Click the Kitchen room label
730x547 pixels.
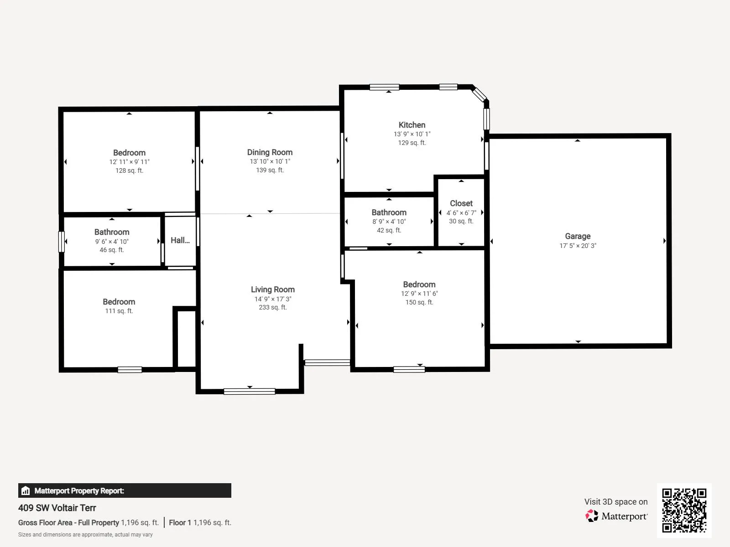point(412,125)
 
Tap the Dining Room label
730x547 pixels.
point(270,152)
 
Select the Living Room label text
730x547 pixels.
point(273,289)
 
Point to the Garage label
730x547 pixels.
point(578,236)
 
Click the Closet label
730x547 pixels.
point(461,203)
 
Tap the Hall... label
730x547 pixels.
point(180,240)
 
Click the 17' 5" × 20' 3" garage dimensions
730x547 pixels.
point(578,246)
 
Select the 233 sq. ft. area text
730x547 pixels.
point(273,307)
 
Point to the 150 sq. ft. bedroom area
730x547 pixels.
point(419,302)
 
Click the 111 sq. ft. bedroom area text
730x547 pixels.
point(119,311)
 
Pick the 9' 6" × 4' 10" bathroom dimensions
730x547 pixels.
point(112,242)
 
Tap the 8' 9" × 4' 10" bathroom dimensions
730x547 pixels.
point(389,222)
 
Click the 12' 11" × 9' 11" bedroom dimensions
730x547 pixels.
point(130,162)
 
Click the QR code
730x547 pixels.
point(684,511)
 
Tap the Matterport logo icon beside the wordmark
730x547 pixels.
point(592,516)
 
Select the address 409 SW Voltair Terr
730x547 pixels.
point(57,508)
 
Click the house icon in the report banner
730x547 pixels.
point(26,490)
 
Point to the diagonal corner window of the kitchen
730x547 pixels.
point(479,94)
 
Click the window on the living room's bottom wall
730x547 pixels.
point(250,392)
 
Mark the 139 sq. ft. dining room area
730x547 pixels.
point(270,170)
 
